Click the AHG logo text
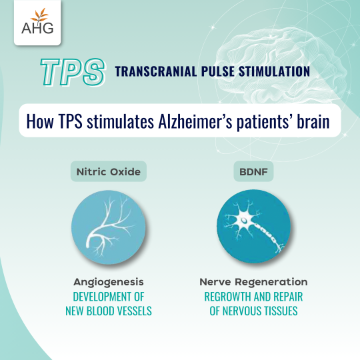pyautogui.click(x=37, y=28)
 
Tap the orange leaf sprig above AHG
pyautogui.click(x=40, y=15)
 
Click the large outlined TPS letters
pyautogui.click(x=73, y=72)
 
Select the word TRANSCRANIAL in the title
pyautogui.click(x=155, y=71)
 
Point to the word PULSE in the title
pyautogui.click(x=218, y=71)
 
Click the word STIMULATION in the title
pyautogui.click(x=275, y=71)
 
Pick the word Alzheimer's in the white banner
pyautogui.click(x=195, y=121)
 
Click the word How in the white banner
pyautogui.click(x=40, y=121)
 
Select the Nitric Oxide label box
pyautogui.click(x=109, y=171)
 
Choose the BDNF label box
pyautogui.click(x=253, y=171)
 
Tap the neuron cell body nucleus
pyautogui.click(x=244, y=221)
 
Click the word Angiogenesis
pyautogui.click(x=109, y=282)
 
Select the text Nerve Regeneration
pyautogui.click(x=253, y=282)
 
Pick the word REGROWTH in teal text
pyautogui.click(x=227, y=297)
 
